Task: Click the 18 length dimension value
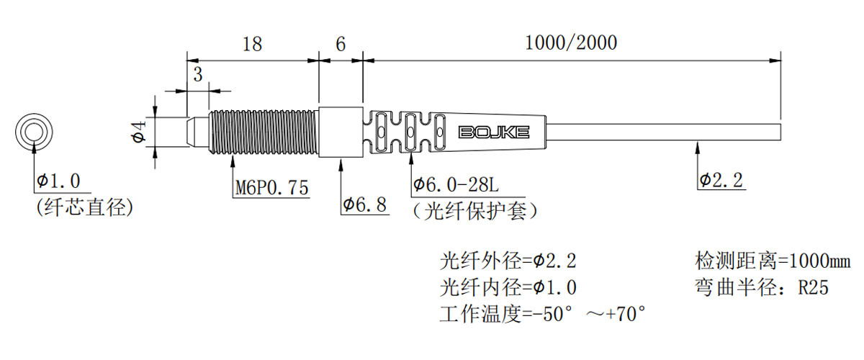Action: tap(252, 44)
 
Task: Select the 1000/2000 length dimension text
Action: tap(571, 42)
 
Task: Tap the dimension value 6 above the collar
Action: tap(341, 44)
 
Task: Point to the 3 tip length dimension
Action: tap(197, 74)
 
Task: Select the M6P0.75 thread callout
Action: tap(272, 188)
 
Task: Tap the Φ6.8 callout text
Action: tap(365, 205)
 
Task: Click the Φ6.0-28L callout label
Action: tap(456, 186)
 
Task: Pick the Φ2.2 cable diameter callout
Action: tap(721, 180)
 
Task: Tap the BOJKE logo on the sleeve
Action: tap(494, 132)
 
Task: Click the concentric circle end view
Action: tap(34, 132)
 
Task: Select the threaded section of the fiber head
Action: tap(263, 132)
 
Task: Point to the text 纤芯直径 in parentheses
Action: tap(84, 208)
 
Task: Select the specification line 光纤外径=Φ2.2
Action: tap(508, 260)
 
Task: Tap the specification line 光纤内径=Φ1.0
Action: tap(508, 287)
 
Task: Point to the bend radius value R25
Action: tap(814, 288)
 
